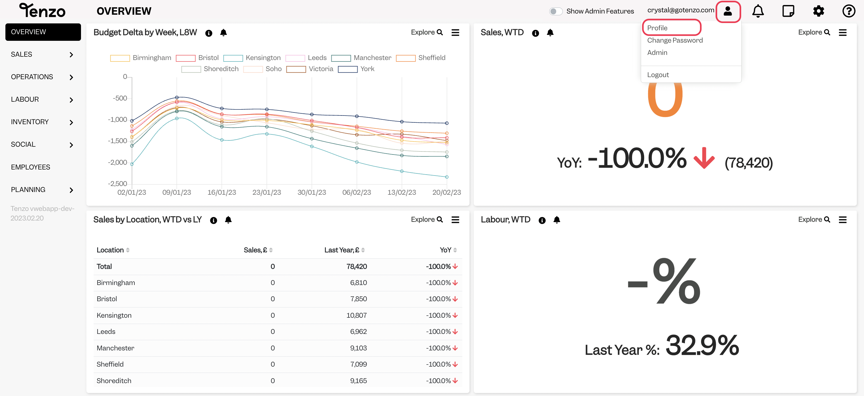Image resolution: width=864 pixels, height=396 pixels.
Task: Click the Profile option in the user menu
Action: pos(657,28)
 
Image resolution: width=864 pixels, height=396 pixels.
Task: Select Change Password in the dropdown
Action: pos(675,40)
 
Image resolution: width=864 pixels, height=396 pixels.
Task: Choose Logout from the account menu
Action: pos(658,75)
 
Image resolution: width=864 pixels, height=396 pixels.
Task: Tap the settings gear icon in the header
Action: pos(818,11)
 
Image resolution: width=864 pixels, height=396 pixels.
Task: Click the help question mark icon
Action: pos(849,11)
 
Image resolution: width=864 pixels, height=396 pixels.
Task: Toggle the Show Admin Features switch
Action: pos(555,11)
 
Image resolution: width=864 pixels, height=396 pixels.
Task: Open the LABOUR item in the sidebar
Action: pos(25,99)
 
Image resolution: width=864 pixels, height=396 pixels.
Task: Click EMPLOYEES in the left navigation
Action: pos(31,167)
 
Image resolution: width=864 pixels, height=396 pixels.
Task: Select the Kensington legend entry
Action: pos(252,58)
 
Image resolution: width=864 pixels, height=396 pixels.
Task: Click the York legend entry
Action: pos(356,69)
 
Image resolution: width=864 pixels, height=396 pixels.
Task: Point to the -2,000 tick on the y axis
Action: pos(117,162)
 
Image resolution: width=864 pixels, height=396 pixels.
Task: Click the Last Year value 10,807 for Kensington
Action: pos(356,315)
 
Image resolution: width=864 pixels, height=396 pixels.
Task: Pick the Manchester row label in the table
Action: pos(115,348)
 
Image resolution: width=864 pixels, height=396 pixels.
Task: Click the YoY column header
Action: pos(445,250)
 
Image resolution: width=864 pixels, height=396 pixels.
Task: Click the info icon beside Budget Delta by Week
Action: pos(208,33)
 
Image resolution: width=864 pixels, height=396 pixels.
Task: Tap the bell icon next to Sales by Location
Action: pos(228,220)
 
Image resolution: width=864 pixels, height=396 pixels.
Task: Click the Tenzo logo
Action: pos(42,10)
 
